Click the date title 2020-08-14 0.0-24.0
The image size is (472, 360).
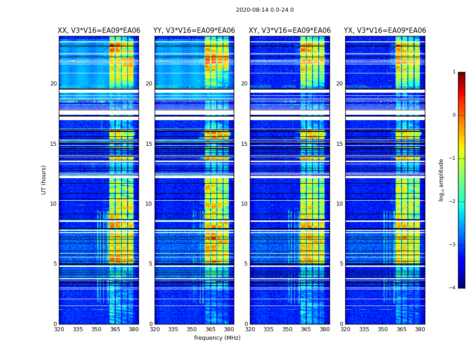pyautogui.click(x=265, y=10)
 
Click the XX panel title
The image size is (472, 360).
pyautogui.click(x=99, y=31)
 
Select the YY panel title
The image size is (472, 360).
pyautogui.click(x=194, y=31)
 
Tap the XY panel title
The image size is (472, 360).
pyautogui.click(x=290, y=31)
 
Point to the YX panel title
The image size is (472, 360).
pyautogui.click(x=385, y=31)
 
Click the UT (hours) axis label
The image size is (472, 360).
pyautogui.click(x=44, y=180)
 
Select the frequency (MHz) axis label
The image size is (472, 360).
pyautogui.click(x=217, y=338)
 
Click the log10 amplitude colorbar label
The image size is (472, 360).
pyautogui.click(x=441, y=180)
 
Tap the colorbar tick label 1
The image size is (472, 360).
pyautogui.click(x=454, y=72)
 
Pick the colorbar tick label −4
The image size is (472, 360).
pyautogui.click(x=453, y=288)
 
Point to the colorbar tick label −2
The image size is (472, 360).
pyautogui.click(x=453, y=202)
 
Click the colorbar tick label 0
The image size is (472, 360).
pyautogui.click(x=454, y=115)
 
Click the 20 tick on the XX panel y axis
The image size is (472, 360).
pyautogui.click(x=53, y=84)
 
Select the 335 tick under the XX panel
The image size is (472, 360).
pyautogui.click(x=78, y=329)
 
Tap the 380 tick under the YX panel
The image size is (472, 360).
pyautogui.click(x=420, y=329)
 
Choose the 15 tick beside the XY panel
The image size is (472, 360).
pyautogui.click(x=244, y=144)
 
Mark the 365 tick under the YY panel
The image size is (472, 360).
pyautogui.click(x=210, y=329)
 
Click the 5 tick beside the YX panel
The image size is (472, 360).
pyautogui.click(x=341, y=264)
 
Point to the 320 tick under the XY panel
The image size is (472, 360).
pyautogui.click(x=250, y=329)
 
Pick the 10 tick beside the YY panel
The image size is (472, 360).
pyautogui.click(x=149, y=204)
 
